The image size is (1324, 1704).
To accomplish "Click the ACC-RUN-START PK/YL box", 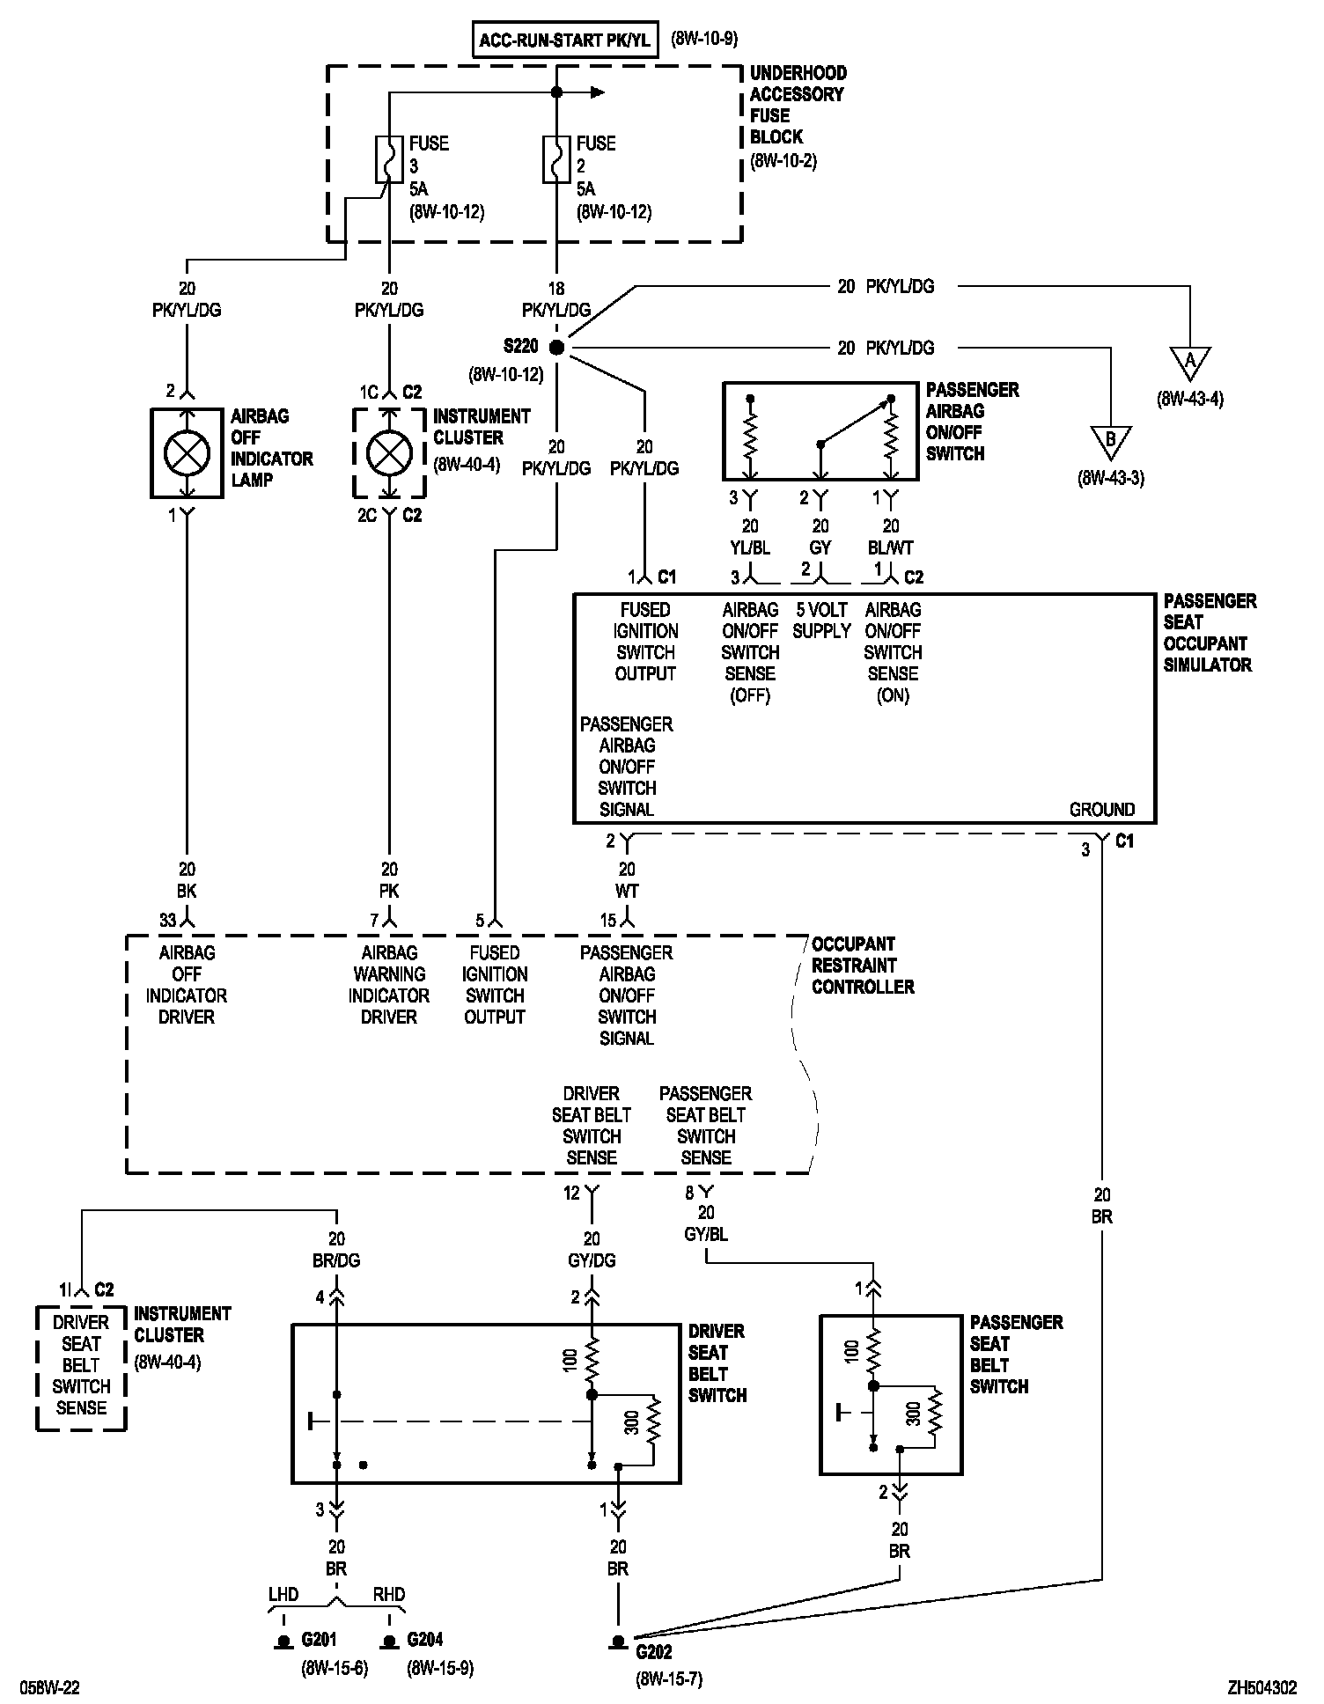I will pos(565,40).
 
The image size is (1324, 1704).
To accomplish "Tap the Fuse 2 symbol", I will pos(555,159).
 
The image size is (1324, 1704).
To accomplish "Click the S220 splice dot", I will pos(555,348).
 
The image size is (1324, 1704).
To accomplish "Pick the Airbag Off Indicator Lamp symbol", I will pos(187,453).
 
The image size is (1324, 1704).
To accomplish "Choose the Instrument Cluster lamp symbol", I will pos(389,453).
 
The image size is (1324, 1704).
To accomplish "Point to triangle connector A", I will pos(1190,362).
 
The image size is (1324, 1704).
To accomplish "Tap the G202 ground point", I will pos(618,1642).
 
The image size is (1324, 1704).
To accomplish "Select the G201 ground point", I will pos(283,1642).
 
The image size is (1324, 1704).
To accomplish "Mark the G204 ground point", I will pos(389,1642).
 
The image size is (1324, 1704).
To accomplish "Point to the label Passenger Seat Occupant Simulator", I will pos(1209,633).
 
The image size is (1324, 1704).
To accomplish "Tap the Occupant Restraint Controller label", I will pos(863,966).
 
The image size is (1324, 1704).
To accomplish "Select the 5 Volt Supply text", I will pos(821,621).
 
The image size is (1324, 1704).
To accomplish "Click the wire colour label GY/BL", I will pos(706,1235).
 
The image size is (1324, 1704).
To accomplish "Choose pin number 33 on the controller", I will pos(168,921).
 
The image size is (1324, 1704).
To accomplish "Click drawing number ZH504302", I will pos(1262,1688).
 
